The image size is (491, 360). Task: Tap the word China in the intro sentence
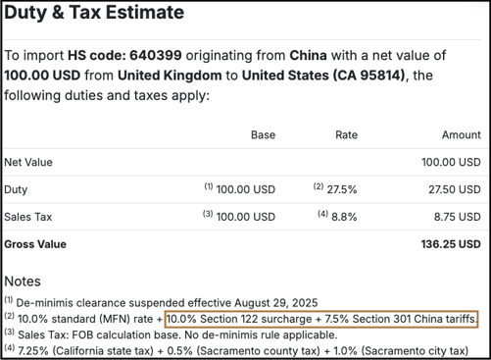coord(315,55)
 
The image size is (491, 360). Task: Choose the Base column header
coord(263,134)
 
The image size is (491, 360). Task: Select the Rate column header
coord(346,134)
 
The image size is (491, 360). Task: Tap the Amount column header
coord(461,134)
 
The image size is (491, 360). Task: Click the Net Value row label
coord(28,162)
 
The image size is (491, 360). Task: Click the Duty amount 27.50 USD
coord(456,188)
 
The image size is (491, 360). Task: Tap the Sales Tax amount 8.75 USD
coord(459,216)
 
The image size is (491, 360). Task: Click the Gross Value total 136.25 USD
coord(453,243)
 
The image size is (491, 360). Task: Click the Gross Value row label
coord(35,243)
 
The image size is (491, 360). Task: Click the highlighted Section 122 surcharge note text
coord(321,320)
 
